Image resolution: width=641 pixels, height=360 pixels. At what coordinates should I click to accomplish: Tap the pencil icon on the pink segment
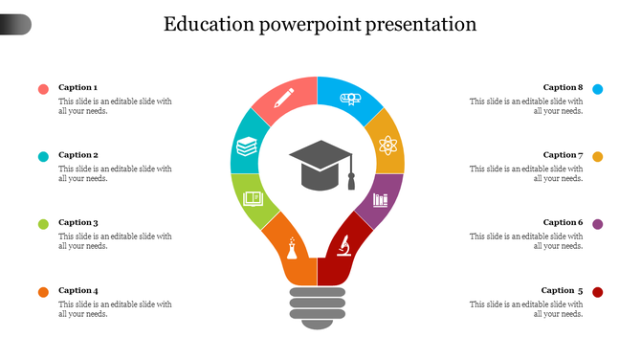point(284,98)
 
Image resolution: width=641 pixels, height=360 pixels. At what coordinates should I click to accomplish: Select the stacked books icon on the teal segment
point(247,147)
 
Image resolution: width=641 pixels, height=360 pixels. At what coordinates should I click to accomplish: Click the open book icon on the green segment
point(253,199)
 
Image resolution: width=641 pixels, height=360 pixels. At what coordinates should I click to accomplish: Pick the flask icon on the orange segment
point(292,251)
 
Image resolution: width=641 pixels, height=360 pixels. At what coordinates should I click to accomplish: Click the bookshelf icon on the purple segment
point(381,200)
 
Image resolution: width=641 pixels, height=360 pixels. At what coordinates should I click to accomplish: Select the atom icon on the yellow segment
point(387,146)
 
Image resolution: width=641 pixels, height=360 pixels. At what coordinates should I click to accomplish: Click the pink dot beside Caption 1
point(43,89)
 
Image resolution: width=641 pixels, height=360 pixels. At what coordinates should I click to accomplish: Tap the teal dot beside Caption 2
point(43,157)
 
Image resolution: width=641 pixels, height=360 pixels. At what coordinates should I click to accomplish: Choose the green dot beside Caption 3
point(43,224)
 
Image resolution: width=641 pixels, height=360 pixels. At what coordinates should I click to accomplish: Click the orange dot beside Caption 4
point(43,292)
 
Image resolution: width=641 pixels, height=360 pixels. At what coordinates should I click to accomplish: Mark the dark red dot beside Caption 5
point(598,292)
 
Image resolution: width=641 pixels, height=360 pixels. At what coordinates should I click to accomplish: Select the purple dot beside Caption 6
point(598,224)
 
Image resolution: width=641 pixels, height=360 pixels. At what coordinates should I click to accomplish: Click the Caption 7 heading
point(563,155)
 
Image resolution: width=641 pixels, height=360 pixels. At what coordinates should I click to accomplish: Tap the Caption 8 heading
point(563,87)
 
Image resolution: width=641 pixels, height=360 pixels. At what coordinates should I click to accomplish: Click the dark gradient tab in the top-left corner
point(15,25)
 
